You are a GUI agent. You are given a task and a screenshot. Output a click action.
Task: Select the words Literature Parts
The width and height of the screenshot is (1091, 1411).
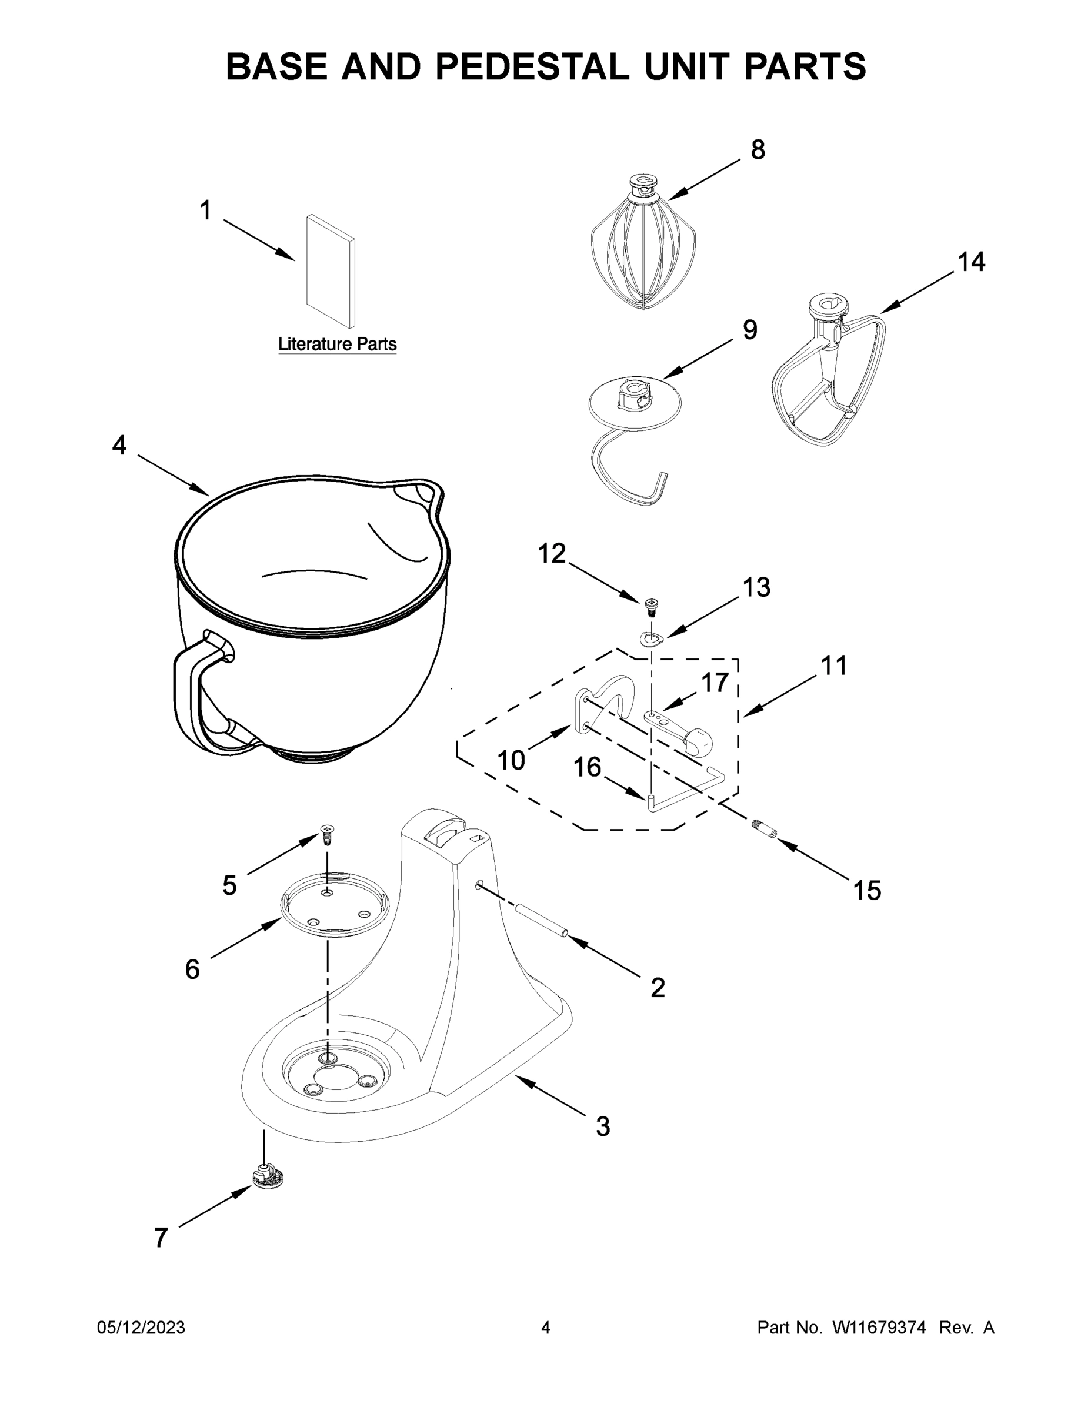click(x=337, y=345)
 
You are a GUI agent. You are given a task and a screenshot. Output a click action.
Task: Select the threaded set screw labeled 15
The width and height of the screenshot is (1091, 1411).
click(x=764, y=829)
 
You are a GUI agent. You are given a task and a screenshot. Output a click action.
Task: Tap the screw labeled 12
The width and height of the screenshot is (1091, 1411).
click(x=652, y=606)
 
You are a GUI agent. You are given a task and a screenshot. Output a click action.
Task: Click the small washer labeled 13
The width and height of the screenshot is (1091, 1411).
click(x=652, y=639)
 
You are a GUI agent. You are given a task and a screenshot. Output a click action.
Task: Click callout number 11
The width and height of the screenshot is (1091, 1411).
click(x=833, y=666)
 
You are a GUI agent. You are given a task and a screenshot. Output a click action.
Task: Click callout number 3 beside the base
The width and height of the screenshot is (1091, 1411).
click(x=602, y=1126)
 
